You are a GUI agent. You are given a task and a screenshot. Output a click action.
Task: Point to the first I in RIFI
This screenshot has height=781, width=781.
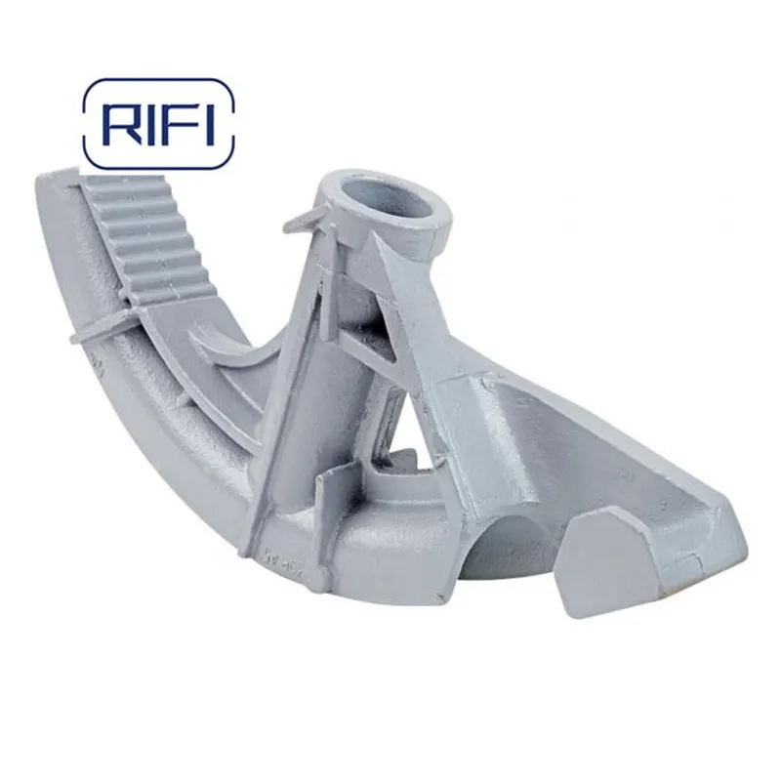(x=147, y=124)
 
